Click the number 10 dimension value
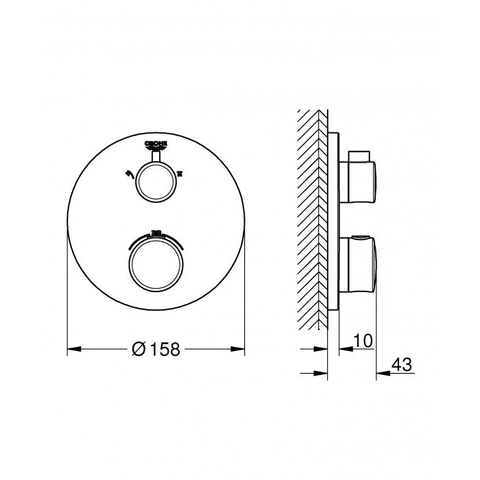point(363,340)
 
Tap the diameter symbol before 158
point(137,349)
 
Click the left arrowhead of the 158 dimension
point(72,349)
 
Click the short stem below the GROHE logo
point(155,157)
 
